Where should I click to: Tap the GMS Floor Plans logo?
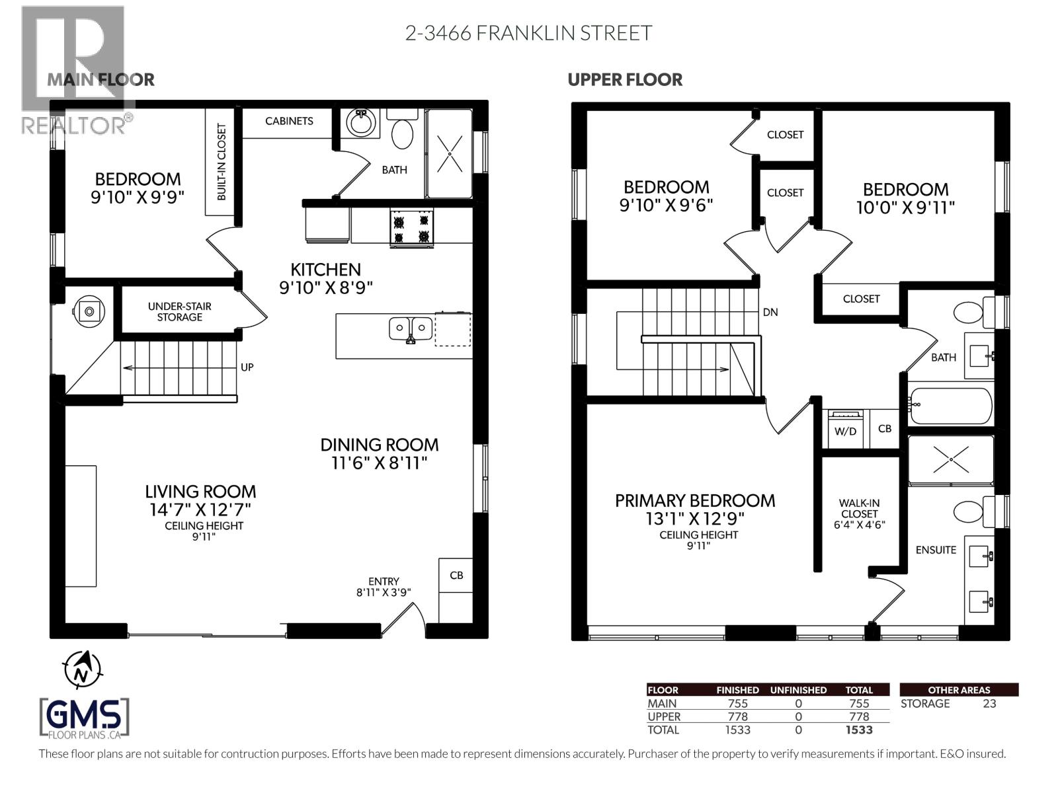pos(85,718)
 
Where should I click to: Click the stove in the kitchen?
pos(412,228)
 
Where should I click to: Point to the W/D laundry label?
pos(845,432)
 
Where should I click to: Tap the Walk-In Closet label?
pos(860,508)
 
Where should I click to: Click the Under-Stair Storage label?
pos(179,311)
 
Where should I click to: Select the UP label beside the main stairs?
pos(247,367)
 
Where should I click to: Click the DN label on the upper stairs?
pos(770,312)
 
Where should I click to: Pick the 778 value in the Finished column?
pos(737,717)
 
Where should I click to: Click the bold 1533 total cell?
pos(858,730)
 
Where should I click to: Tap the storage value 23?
pos(989,704)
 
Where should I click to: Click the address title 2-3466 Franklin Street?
pos(528,33)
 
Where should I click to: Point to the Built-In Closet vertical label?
pos(221,162)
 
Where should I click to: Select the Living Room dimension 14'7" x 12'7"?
pos(200,510)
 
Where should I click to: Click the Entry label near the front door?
pos(384,582)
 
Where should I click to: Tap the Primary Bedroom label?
pos(695,501)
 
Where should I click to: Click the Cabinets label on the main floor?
pos(289,121)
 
